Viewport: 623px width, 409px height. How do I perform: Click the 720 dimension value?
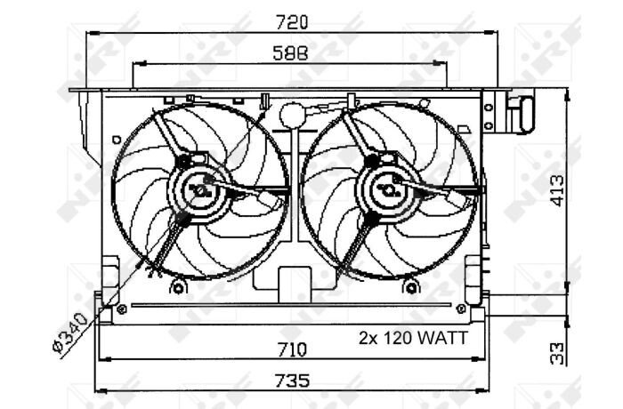click(x=292, y=22)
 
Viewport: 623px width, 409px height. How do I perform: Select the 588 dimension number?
click(x=290, y=53)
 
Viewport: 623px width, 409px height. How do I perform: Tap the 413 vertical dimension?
click(x=558, y=191)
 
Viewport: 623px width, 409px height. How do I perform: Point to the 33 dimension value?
click(x=558, y=354)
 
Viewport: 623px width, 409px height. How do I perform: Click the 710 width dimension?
click(x=292, y=349)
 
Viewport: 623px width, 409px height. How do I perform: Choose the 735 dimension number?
click(x=293, y=381)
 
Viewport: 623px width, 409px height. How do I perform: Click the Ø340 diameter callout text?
click(x=70, y=333)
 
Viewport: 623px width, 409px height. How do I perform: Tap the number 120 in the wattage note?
click(x=398, y=339)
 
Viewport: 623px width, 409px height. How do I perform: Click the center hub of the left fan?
click(x=199, y=190)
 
